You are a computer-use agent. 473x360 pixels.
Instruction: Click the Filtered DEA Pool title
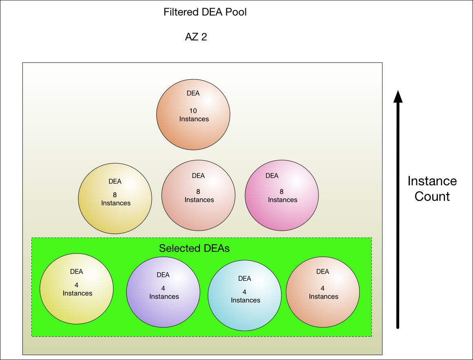[x=205, y=12]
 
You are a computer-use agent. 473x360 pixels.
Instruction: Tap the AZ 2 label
[x=196, y=37]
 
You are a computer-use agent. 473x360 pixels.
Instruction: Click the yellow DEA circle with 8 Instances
[x=115, y=199]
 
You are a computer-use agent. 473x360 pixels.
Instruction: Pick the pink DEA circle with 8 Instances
[x=282, y=196]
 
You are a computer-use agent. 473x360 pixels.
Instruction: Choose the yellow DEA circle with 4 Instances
[x=77, y=289]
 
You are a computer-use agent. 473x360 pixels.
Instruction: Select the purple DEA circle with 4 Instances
[x=163, y=292]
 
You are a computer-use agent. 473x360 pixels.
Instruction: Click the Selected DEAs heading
[x=194, y=248]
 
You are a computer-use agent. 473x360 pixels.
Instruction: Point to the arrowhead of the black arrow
[x=398, y=96]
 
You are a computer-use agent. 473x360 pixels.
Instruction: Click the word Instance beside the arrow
[x=432, y=181]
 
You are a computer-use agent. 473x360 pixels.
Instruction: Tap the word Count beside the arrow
[x=432, y=196]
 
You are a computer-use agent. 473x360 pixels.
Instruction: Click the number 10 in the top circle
[x=193, y=110]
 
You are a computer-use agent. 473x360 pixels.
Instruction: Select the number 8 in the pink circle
[x=281, y=191]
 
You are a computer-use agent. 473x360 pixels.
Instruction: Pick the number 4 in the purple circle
[x=163, y=289]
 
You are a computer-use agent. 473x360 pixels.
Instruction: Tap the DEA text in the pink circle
[x=272, y=176]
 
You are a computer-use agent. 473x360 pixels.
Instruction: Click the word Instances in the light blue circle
[x=245, y=300]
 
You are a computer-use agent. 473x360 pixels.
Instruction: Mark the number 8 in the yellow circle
[x=115, y=195]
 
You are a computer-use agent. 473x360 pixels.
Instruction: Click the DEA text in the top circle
[x=193, y=93]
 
